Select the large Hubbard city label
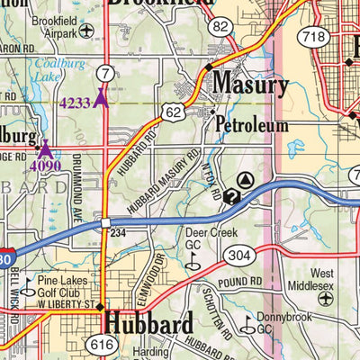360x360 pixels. pyautogui.click(x=148, y=322)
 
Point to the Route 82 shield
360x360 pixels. pyautogui.click(x=220, y=28)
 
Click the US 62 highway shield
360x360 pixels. pyautogui.click(x=174, y=111)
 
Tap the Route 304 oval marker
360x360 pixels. pyautogui.click(x=238, y=256)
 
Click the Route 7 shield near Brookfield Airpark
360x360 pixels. pyautogui.click(x=106, y=72)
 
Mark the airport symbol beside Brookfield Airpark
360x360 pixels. pyautogui.click(x=86, y=31)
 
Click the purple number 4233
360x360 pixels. pyautogui.click(x=76, y=103)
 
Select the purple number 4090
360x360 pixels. pyautogui.click(x=44, y=166)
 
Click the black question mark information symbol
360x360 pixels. pyautogui.click(x=231, y=197)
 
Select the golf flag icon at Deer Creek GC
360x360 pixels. pyautogui.click(x=190, y=264)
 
